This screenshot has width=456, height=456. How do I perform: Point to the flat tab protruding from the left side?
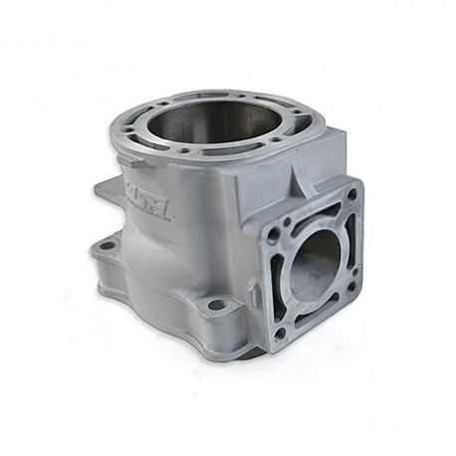(x=109, y=189)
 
